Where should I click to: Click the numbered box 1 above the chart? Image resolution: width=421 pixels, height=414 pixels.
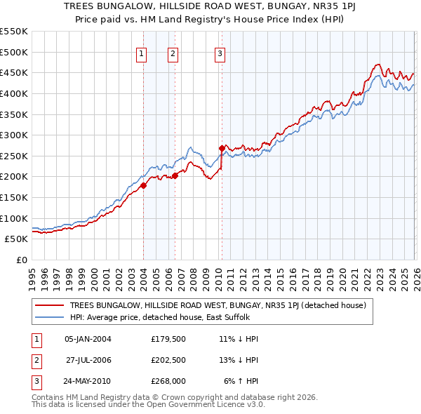141,53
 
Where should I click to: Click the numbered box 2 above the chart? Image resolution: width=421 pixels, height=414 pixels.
173,53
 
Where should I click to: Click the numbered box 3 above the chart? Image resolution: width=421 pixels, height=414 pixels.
220,53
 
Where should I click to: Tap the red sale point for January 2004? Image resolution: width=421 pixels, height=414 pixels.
143,185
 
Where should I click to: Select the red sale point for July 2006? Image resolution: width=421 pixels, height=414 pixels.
175,176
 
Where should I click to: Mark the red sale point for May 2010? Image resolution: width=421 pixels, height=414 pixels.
222,148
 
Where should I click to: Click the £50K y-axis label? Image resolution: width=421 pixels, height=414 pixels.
16,239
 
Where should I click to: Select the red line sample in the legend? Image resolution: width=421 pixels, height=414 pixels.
51,305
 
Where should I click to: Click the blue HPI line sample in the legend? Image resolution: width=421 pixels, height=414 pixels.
51,317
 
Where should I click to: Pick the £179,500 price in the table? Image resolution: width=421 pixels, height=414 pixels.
167,339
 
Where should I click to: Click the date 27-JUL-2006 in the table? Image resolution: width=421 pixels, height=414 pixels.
88,360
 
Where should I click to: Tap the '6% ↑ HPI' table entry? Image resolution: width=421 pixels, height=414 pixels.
241,381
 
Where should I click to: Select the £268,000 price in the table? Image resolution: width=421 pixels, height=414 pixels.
167,381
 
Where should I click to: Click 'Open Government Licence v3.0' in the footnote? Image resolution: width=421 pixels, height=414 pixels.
208,405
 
